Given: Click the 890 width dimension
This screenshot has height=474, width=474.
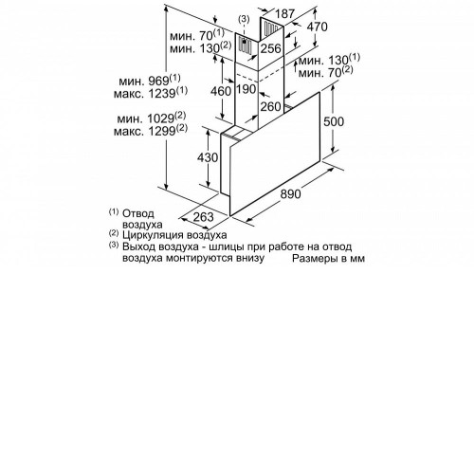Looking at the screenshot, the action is [290, 193].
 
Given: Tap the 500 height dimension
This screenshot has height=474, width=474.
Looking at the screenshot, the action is [334, 121].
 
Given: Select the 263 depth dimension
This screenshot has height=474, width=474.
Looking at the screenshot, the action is [203, 217].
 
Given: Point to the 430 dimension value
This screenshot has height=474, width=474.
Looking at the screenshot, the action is [208, 157].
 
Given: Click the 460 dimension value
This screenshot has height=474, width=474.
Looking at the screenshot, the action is [221, 91].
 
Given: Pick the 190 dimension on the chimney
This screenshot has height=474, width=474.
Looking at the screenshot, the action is [246, 89].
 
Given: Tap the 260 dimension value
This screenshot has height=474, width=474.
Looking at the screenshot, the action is [270, 106].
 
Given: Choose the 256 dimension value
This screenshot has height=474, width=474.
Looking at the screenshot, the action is [270, 48].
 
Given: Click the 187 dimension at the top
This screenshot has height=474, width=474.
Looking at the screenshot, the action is [284, 13].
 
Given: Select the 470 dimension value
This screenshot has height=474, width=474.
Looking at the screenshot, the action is [318, 27].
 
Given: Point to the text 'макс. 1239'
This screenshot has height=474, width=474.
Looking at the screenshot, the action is [145, 94].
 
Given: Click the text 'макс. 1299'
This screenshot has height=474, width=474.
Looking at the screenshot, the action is [145, 131].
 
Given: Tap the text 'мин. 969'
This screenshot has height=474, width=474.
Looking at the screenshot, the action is [144, 82].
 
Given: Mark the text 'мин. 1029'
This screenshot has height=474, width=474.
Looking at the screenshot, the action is [146, 118].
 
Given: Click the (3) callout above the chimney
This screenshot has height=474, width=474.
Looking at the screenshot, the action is [244, 19].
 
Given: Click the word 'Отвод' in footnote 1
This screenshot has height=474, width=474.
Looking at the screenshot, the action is [138, 213].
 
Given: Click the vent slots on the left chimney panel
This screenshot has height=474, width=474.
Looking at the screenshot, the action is [245, 45].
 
